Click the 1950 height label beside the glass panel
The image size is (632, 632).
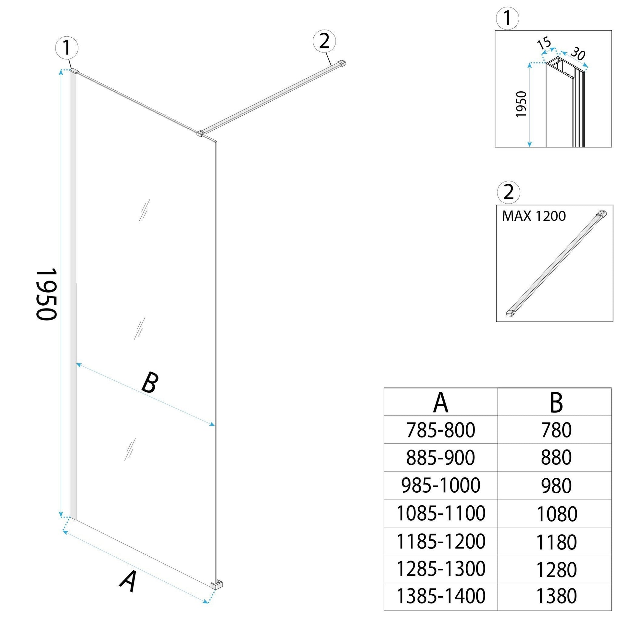(x=46, y=295)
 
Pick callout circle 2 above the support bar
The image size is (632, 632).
(x=324, y=42)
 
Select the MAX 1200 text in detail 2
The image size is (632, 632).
(x=534, y=216)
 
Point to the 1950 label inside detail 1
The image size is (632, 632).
(x=521, y=104)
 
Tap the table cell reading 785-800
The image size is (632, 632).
(x=441, y=430)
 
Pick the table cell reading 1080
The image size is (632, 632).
(x=557, y=514)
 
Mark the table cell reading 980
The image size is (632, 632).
(x=556, y=486)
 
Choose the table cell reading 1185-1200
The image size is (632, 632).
(x=441, y=542)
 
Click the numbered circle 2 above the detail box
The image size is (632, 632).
(x=508, y=192)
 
